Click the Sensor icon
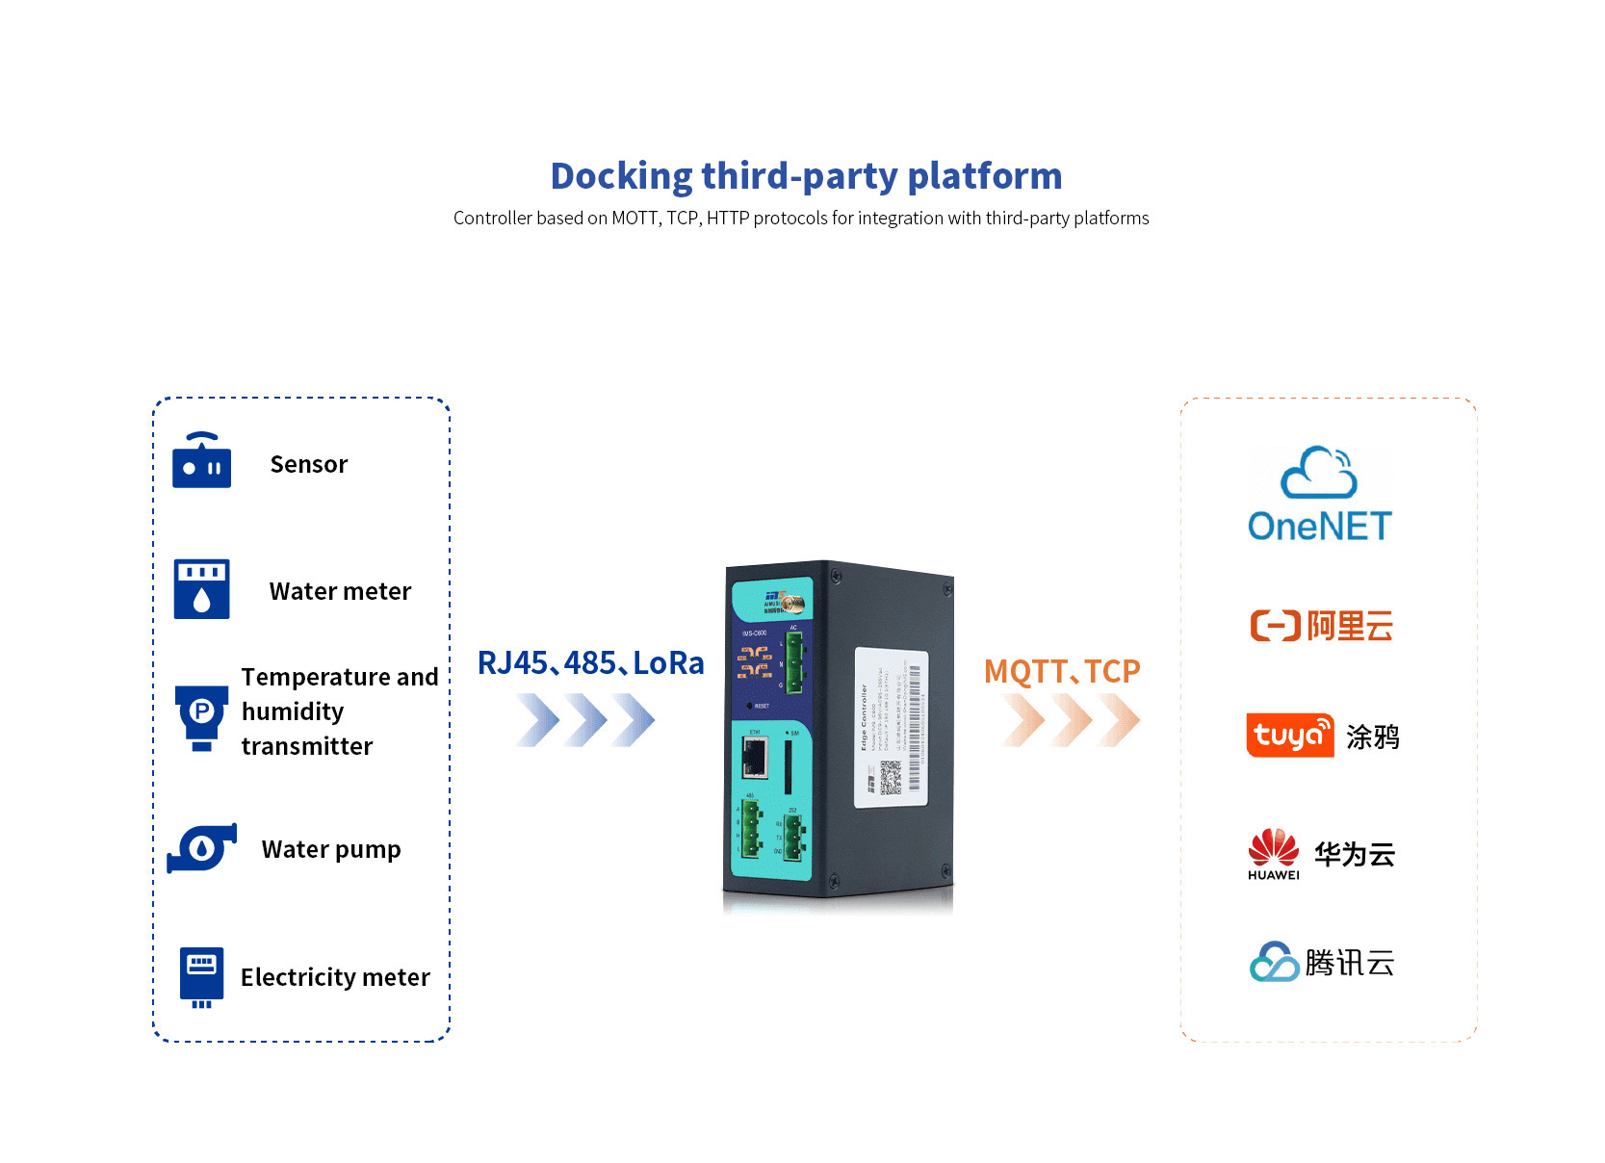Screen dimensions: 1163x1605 point(201,461)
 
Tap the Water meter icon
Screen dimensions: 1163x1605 point(201,588)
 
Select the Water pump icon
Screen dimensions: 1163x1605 point(202,848)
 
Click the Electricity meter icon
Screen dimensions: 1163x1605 point(201,976)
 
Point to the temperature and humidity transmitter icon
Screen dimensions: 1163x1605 point(201,716)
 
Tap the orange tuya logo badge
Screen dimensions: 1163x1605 point(1289,736)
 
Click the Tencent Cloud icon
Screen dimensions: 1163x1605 point(1274,962)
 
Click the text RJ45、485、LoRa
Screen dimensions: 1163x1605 point(590,663)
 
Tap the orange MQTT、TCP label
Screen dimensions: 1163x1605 point(1061,671)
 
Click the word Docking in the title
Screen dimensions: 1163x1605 point(621,176)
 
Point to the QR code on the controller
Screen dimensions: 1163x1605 point(891,777)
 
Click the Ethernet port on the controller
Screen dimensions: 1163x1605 point(754,758)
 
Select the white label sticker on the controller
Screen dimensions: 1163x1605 point(891,727)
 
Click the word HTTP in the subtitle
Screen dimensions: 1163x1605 point(727,219)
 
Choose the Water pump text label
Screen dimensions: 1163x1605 point(331,849)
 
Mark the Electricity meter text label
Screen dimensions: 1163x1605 point(335,977)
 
